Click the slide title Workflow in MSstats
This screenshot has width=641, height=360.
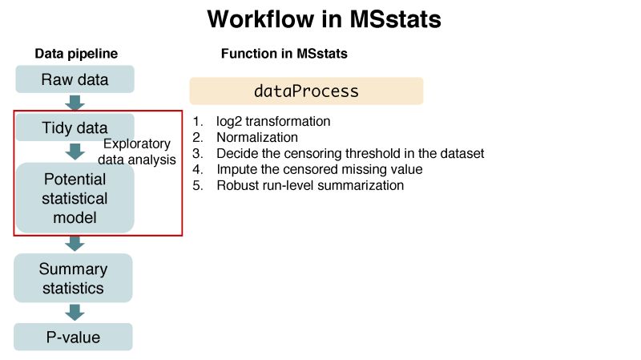324,19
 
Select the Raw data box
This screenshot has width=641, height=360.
75,79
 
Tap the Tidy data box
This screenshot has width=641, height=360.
75,127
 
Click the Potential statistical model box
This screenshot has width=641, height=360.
75,198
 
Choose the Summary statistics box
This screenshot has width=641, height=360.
73,278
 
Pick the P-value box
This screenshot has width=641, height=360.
73,337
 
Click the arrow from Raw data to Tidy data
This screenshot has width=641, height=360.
75,103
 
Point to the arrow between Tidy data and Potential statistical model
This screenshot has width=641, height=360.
75,151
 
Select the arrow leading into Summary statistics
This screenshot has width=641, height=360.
75,243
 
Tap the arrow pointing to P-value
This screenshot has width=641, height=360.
75,312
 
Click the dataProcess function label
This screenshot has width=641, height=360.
306,91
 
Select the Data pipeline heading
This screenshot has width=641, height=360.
76,54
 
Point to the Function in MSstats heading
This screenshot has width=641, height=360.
284,54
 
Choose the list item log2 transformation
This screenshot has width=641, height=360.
272,122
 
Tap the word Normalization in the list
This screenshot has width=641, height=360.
256,137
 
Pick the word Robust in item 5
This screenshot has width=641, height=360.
236,185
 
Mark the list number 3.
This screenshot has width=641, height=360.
197,153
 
